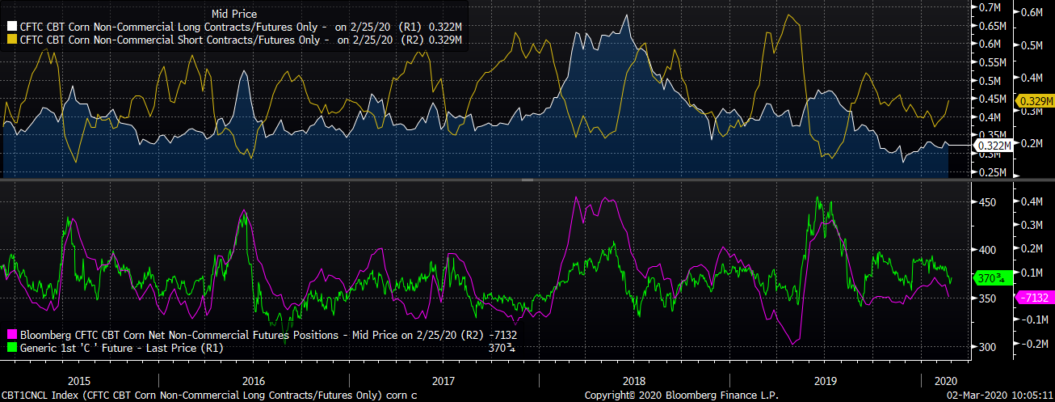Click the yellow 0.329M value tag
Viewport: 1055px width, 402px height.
coord(1035,101)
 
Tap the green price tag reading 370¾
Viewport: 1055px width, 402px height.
coord(991,277)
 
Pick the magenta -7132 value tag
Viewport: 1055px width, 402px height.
coord(1034,298)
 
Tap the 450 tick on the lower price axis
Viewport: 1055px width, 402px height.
coord(987,201)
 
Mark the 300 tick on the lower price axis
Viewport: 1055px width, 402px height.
coord(987,347)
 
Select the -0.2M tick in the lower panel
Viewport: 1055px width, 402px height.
coord(1035,344)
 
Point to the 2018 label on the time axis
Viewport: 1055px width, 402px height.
coord(634,380)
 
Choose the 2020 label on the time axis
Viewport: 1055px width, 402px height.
coord(944,380)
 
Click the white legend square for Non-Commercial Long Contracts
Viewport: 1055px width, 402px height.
coord(12,26)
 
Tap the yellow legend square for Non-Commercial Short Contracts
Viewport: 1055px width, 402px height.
coord(12,39)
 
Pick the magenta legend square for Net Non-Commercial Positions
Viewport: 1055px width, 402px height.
coord(12,335)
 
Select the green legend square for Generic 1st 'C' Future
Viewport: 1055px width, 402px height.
coord(12,348)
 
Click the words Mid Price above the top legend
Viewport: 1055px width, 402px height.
coord(233,13)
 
